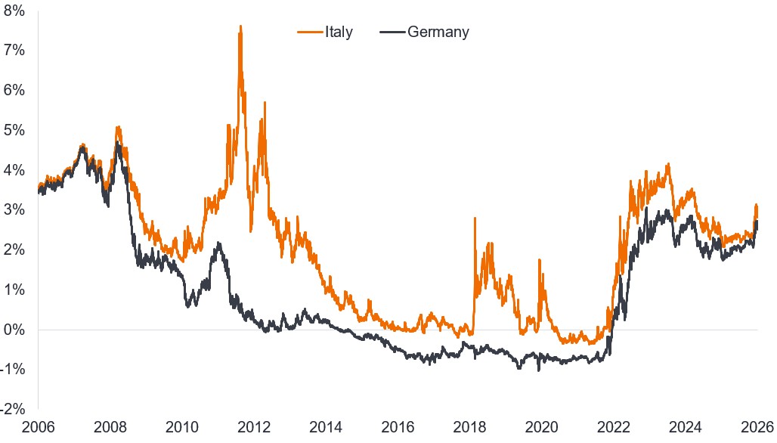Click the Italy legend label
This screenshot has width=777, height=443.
point(338,32)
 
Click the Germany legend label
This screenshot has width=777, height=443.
point(438,32)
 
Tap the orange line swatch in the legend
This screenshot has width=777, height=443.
point(309,33)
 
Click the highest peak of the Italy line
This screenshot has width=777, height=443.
point(240,26)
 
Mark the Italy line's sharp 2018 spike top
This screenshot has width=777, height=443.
point(475,218)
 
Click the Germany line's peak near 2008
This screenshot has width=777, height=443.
point(117,141)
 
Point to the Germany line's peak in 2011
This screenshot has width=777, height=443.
point(218,243)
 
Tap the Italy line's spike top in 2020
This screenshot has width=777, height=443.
point(540,259)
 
